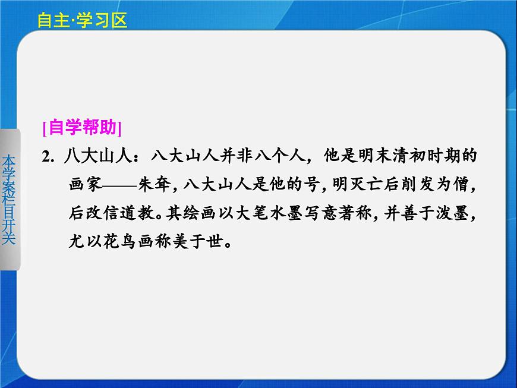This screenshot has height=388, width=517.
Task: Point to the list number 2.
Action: click(x=48, y=157)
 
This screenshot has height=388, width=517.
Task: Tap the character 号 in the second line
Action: click(x=313, y=185)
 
